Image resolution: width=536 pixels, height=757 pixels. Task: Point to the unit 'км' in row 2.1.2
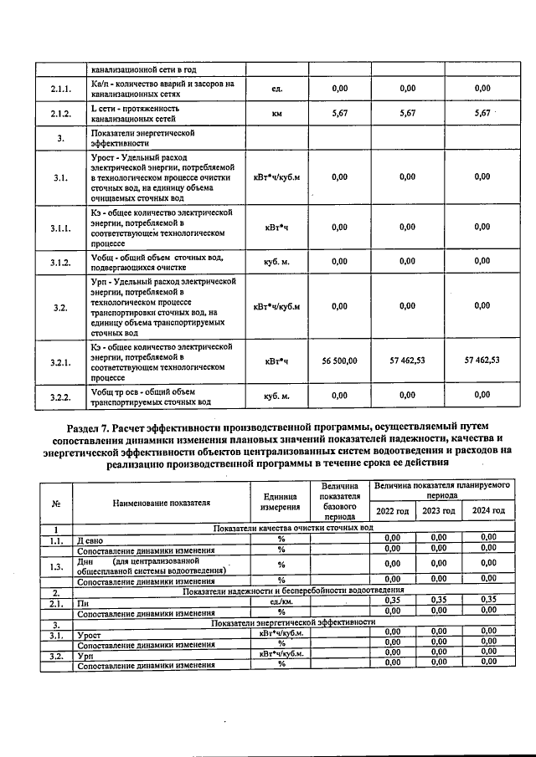tap(276, 115)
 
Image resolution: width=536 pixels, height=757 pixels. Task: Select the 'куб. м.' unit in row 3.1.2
tap(276, 263)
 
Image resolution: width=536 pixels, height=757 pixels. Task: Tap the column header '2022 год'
tap(392, 511)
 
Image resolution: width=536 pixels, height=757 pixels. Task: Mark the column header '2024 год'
tap(488, 511)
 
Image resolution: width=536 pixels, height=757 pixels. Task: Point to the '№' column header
tap(56, 503)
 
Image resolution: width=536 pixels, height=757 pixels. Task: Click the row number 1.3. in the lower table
tap(56, 566)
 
